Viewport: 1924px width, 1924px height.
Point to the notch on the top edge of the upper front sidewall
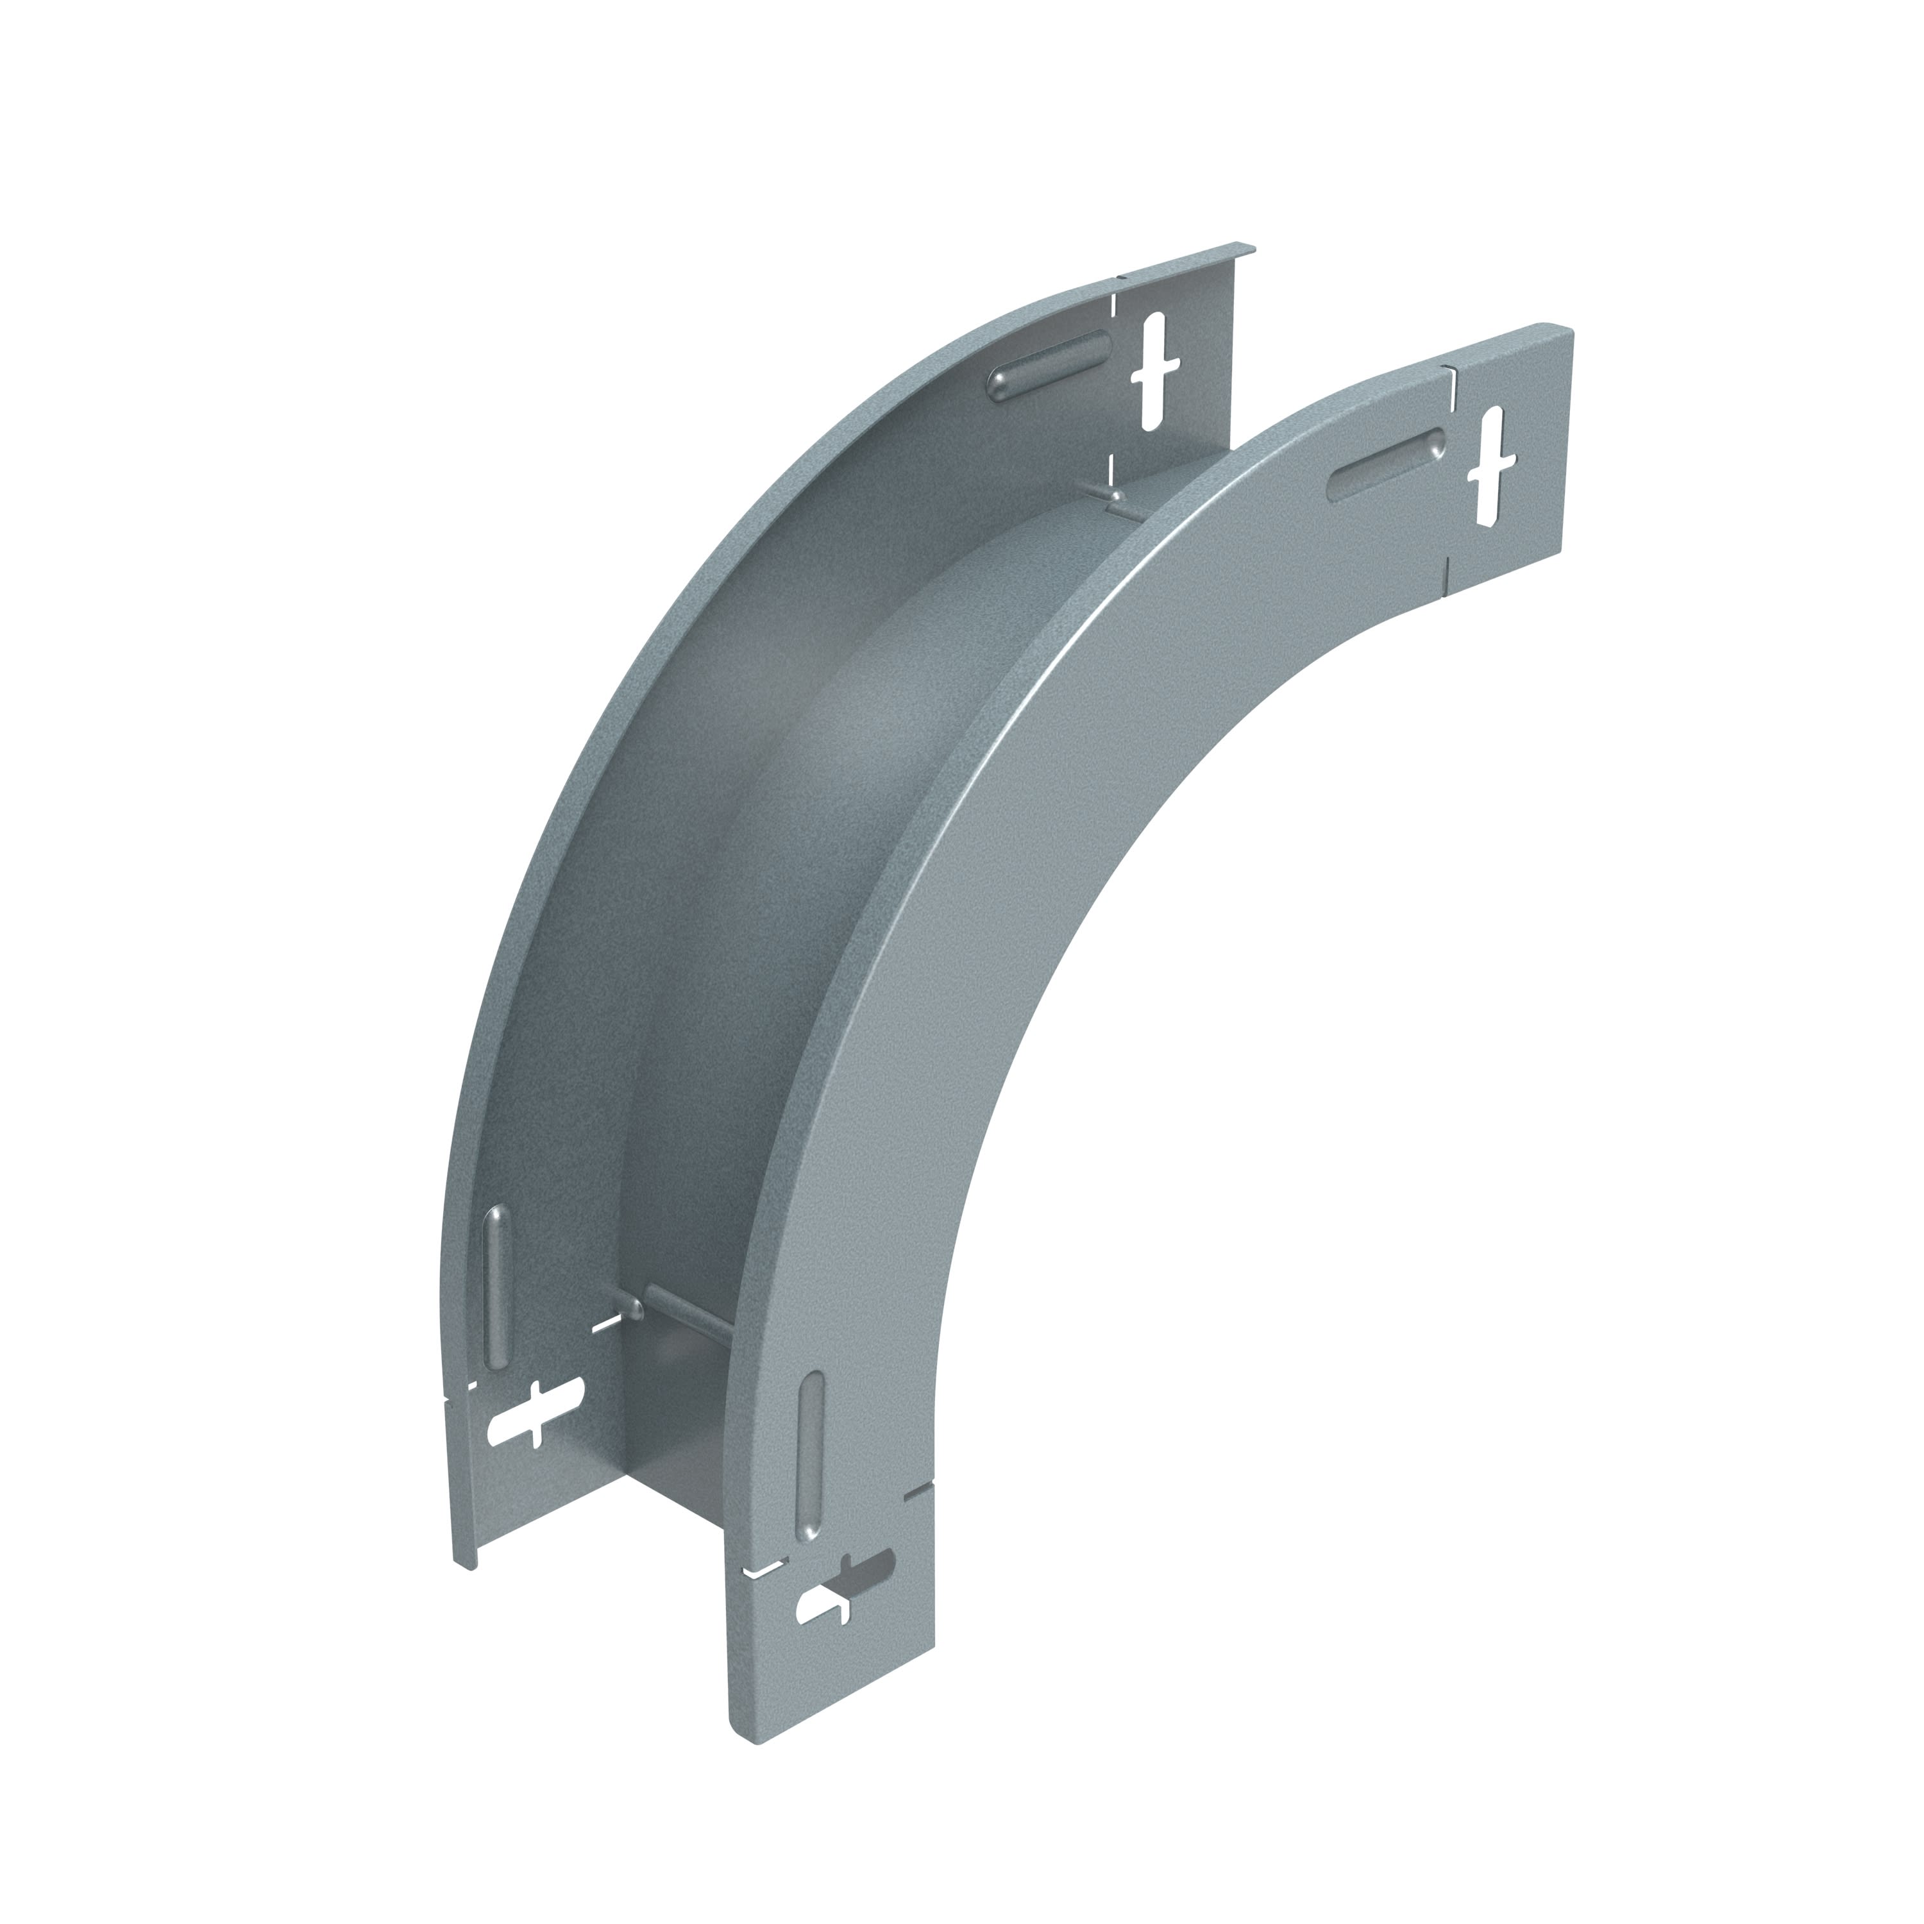(1449, 371)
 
